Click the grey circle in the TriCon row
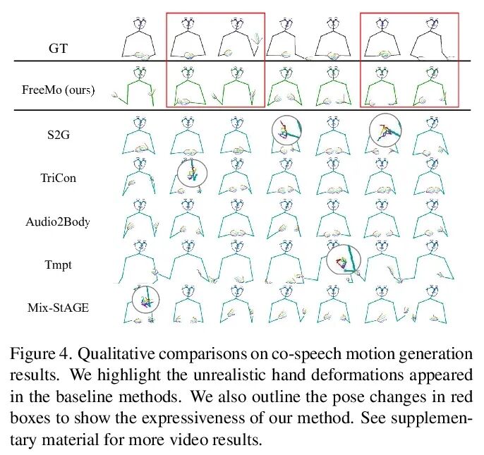tap(191, 173)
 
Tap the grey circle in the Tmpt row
tap(344, 261)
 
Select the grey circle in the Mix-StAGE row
tap(145, 299)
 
